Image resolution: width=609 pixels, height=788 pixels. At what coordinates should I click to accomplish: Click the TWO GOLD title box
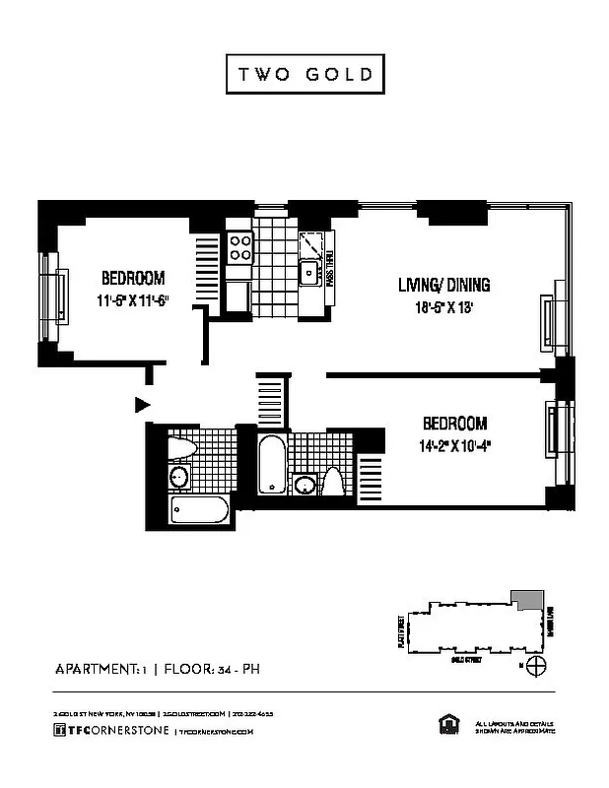tap(304, 75)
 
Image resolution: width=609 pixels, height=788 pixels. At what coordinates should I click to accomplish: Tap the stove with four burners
tap(240, 245)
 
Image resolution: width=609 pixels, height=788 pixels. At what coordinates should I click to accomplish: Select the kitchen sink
tap(308, 272)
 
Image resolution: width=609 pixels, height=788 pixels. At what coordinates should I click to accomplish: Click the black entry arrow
tap(142, 403)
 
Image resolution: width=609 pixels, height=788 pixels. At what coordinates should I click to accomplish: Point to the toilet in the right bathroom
tap(333, 484)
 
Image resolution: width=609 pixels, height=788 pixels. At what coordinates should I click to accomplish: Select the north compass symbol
tap(536, 667)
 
